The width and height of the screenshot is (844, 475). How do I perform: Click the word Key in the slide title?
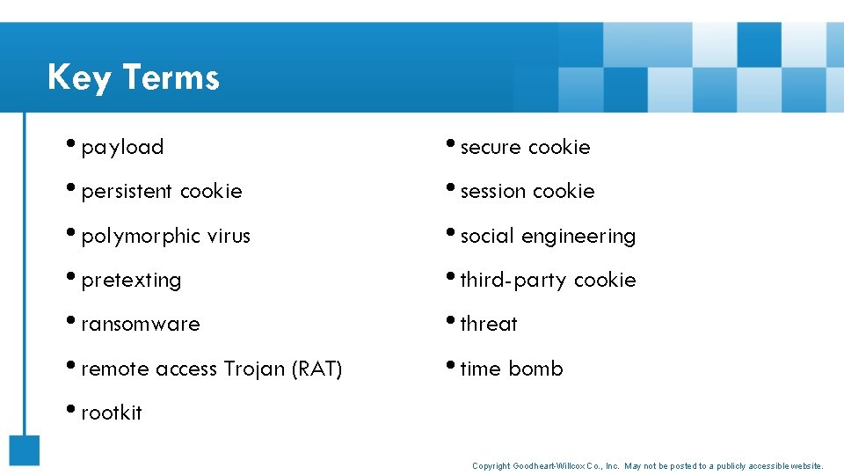pyautogui.click(x=79, y=77)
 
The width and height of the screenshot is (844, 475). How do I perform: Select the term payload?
pyautogui.click(x=122, y=147)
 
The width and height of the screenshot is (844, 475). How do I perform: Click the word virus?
pyautogui.click(x=229, y=236)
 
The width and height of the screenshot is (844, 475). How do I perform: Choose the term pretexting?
pyautogui.click(x=131, y=280)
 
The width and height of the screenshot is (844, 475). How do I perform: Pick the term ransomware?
pyautogui.click(x=141, y=324)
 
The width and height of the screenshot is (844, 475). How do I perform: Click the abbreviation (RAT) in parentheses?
pyautogui.click(x=316, y=369)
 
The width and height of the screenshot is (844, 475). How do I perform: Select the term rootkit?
pyautogui.click(x=112, y=413)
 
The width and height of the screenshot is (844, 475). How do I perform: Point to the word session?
pyautogui.click(x=493, y=191)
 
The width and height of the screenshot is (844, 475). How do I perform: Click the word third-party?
pyautogui.click(x=513, y=280)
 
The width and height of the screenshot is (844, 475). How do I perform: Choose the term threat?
pyautogui.click(x=489, y=324)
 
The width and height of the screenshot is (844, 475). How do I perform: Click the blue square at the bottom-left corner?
pyautogui.click(x=25, y=449)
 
